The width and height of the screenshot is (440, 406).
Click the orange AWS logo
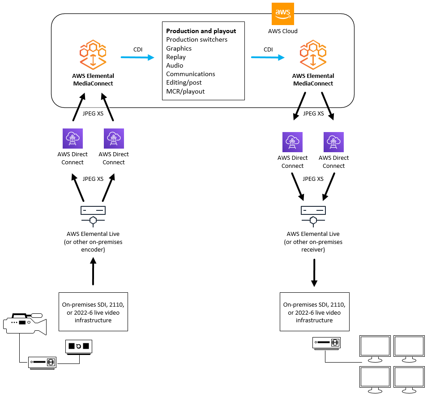pos(283,13)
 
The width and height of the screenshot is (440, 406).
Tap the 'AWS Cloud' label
pos(282,31)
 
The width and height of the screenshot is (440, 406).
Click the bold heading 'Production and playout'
pos(201,31)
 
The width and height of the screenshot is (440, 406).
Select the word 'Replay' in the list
pos(176,57)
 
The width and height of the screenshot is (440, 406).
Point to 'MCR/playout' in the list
pos(185,91)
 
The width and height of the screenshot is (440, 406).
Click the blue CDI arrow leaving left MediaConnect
pos(137,57)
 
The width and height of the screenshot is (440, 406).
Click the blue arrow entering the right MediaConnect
pos(268,57)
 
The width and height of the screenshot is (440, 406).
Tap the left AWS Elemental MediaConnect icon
pos(93,55)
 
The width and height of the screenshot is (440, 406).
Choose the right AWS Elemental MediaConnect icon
pos(313,55)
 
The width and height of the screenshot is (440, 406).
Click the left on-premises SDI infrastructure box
pos(93,312)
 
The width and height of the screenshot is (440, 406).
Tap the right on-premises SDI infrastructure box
pos(314,312)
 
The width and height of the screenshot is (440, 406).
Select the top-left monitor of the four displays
pos(375,347)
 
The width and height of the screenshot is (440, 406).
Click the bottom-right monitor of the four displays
pos(409,378)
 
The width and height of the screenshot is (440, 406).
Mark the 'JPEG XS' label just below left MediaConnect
pos(93,114)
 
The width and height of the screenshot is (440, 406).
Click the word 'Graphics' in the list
pos(179,48)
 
